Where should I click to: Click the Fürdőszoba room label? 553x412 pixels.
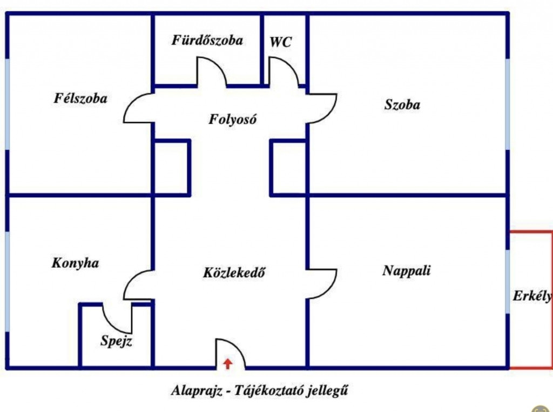207,41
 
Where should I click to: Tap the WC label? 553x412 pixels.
281,42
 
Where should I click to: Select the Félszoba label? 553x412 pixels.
80,98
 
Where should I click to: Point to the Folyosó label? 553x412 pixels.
232,119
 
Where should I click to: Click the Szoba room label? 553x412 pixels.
402,105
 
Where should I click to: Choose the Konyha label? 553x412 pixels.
75,263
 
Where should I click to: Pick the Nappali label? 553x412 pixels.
407,270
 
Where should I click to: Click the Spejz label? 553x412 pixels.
116,342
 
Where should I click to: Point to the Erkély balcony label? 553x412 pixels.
532,296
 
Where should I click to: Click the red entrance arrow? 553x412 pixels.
228,363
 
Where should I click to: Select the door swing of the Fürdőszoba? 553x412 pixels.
211,73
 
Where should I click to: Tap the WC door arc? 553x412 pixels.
284,73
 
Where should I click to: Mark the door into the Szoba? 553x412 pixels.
323,108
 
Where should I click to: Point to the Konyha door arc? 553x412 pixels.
138,284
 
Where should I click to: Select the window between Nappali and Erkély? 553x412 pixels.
508,281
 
